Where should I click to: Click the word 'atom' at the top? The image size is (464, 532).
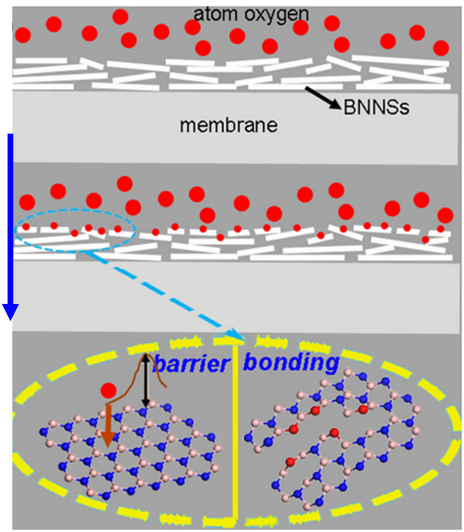210,10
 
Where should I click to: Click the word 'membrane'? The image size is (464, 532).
229,126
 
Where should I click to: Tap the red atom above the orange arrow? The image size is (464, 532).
108,390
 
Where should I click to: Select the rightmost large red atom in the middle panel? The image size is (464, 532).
445,214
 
